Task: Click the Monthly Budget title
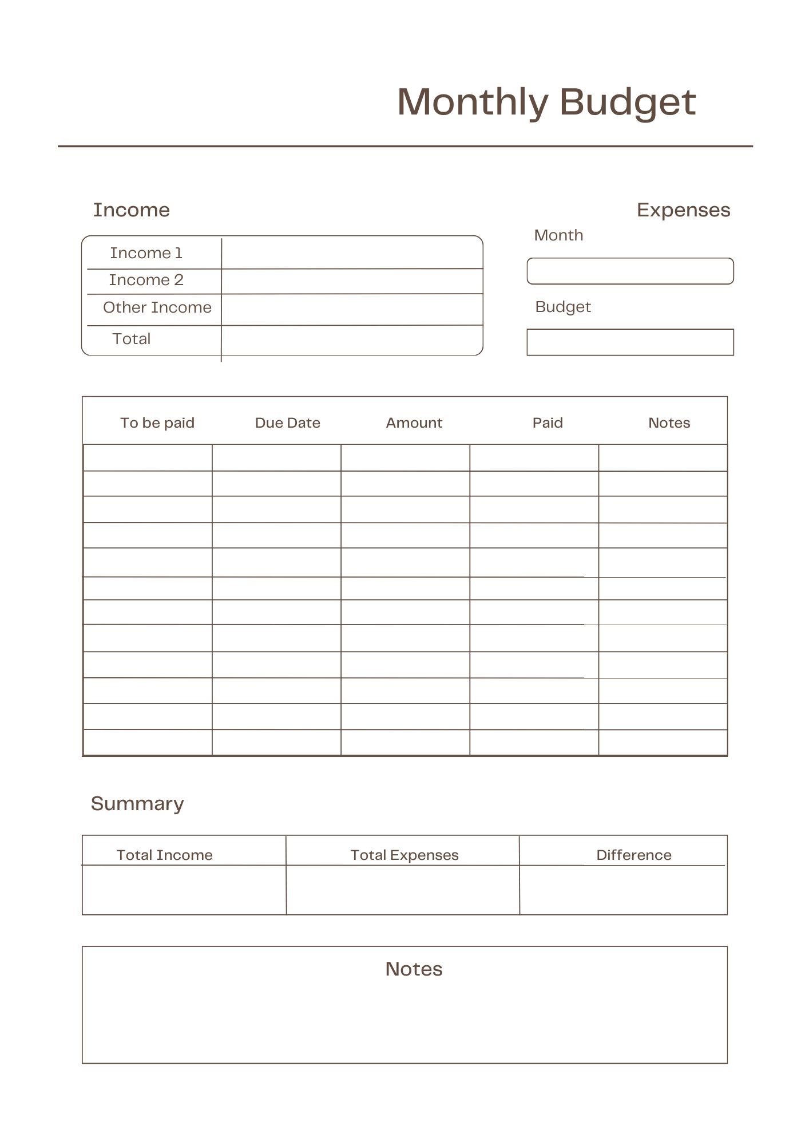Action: (546, 102)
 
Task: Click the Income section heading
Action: (131, 210)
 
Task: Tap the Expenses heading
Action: (683, 210)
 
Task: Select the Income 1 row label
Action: (146, 253)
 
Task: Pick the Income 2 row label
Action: (146, 280)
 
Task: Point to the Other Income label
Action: (157, 307)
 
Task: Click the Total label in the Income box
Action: (132, 339)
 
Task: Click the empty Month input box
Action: (630, 271)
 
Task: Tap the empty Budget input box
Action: (630, 342)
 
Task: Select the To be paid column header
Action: (157, 423)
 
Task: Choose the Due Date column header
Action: (287, 423)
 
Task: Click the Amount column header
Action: (414, 423)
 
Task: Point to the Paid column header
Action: (548, 423)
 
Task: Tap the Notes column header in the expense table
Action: (669, 423)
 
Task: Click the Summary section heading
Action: (137, 804)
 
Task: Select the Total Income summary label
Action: (164, 855)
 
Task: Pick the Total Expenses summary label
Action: (405, 855)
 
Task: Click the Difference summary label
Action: (634, 855)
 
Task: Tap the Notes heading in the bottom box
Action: (414, 969)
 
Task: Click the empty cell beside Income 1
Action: (352, 253)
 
